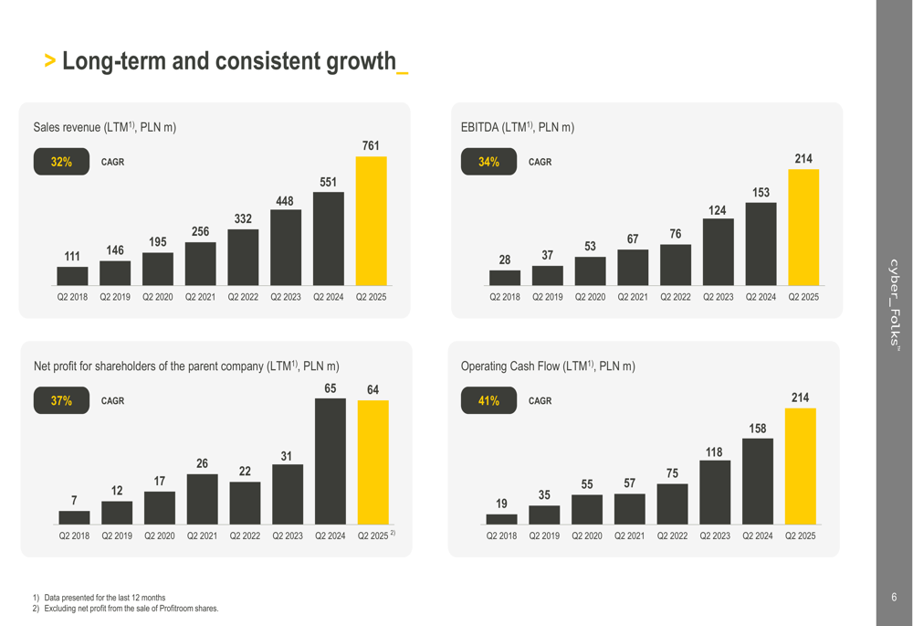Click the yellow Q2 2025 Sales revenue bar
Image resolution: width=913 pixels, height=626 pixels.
371,220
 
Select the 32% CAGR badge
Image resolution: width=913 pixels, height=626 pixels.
61,162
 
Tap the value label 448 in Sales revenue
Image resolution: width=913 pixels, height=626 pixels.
285,201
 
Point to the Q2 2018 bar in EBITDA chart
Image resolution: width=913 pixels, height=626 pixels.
505,278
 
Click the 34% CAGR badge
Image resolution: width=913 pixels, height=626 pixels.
488,162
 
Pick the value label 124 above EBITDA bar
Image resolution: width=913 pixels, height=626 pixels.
718,211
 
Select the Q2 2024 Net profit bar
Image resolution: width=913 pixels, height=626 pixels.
331,461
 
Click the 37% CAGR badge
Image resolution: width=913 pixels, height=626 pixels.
61,400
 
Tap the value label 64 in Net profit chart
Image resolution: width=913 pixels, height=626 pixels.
373,390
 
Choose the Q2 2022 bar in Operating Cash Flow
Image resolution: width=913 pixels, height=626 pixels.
672,504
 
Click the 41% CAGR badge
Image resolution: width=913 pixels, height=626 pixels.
488,400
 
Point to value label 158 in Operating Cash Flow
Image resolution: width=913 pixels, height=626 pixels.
758,429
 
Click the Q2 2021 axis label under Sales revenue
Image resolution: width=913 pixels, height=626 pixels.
200,297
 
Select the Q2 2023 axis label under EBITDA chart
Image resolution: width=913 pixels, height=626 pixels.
718,297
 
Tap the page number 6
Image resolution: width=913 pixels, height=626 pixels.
894,598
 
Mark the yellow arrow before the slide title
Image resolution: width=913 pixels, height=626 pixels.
50,62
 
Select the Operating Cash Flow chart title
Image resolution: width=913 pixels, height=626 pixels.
548,366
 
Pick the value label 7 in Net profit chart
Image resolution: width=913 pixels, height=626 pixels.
74,500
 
